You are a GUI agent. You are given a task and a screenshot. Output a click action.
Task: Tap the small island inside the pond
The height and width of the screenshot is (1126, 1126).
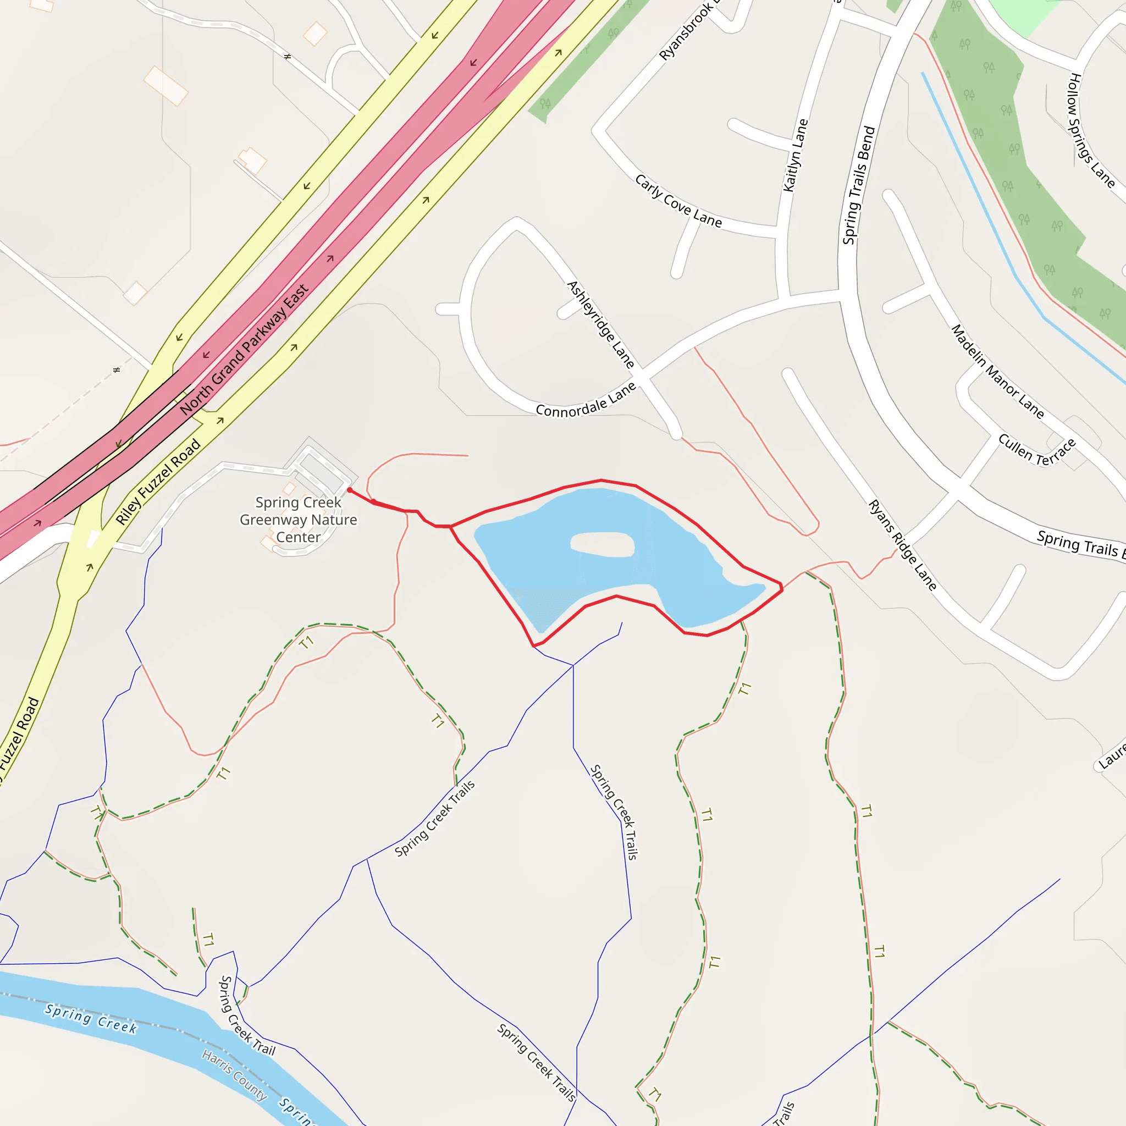pos(602,544)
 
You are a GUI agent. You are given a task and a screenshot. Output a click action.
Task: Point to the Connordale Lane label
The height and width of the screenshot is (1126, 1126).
pos(585,401)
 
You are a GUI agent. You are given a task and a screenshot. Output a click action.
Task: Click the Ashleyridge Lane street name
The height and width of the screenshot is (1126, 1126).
pos(600,324)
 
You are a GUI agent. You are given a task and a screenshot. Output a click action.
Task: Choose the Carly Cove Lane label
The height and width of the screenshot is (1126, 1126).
pos(678,201)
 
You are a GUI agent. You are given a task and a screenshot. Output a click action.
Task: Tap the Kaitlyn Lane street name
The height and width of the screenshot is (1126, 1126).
pos(796,155)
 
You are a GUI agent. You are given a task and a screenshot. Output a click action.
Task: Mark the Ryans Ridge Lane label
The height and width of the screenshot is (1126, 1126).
pos(902,544)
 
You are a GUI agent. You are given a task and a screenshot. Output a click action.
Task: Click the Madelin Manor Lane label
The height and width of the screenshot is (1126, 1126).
pos(997,371)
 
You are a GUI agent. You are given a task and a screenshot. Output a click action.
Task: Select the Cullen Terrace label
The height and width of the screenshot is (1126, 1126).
pos(1037,450)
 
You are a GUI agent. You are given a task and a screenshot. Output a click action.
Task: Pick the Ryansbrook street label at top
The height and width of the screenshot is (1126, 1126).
pos(688,30)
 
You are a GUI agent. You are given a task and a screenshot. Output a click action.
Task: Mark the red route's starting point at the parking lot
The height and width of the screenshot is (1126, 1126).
pos(350,489)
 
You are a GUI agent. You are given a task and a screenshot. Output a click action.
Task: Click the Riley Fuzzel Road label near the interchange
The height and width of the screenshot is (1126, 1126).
pos(158,482)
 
